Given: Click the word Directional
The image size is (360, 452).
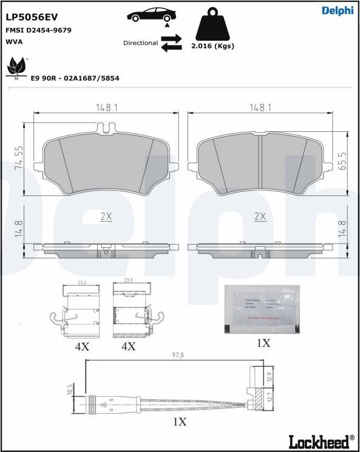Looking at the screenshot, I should tap(140, 43).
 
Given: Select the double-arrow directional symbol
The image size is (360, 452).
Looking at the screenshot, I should tap(172, 43).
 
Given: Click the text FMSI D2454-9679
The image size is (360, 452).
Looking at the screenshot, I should tap(38, 30).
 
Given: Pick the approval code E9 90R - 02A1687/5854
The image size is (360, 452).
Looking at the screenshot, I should tap(75, 79).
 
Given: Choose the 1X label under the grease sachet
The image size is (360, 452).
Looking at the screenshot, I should tap(263, 343).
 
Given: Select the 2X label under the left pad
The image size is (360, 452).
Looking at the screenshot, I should tap(106, 216).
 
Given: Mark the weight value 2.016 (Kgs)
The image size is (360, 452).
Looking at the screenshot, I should tap(212, 46).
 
